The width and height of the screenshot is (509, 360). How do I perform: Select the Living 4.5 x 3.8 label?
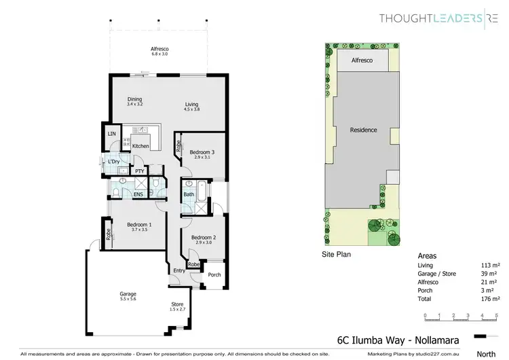pos(192,107)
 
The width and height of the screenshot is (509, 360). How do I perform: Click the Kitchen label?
pos(140,146)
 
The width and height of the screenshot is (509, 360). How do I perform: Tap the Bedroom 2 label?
pos(202,239)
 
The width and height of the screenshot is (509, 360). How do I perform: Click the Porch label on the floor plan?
pos(214,274)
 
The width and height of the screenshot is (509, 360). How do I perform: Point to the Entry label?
pos(178,270)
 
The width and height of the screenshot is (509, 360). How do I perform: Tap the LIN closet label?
pos(111,134)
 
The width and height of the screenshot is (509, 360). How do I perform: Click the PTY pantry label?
pos(139,171)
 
